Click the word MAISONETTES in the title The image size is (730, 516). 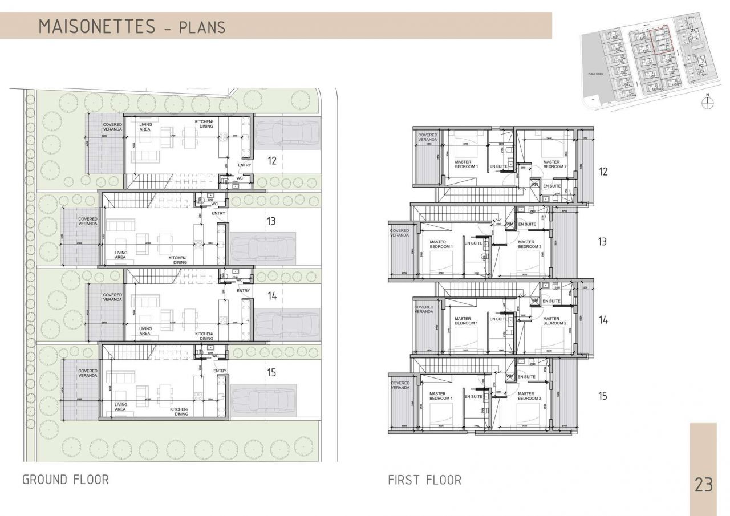(97, 26)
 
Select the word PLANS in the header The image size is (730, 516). (202, 27)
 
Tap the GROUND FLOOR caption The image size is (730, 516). (65, 480)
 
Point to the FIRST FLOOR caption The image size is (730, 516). (424, 480)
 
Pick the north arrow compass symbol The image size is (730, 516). (708, 102)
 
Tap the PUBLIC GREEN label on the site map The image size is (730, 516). (596, 74)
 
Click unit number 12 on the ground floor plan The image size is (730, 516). (271, 161)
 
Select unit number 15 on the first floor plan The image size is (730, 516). (603, 396)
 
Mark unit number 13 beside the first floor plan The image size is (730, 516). (602, 242)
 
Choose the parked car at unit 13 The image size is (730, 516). (263, 249)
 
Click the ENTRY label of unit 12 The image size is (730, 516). (244, 165)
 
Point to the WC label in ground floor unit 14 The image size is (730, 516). (240, 280)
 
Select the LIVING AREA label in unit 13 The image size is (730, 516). (120, 255)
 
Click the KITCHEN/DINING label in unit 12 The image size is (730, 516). (204, 124)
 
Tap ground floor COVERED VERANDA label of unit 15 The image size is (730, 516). (88, 373)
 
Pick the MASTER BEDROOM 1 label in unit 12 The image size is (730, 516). (467, 164)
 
